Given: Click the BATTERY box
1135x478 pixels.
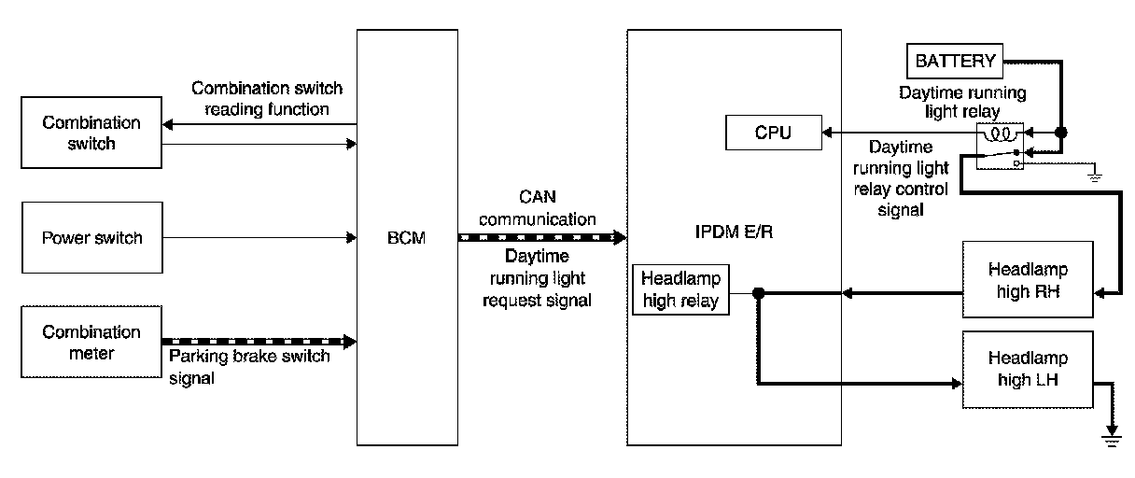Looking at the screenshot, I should click(x=956, y=62).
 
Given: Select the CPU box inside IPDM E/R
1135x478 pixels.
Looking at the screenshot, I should click(x=773, y=133).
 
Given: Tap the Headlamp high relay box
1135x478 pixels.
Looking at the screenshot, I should click(x=680, y=289).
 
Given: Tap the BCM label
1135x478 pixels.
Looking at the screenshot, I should click(x=408, y=238).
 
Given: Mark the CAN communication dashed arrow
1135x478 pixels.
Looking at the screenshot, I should click(x=541, y=238).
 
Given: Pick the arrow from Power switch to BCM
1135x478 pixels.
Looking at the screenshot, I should click(x=261, y=237).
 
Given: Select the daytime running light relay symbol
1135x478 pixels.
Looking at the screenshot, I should click(x=1001, y=147).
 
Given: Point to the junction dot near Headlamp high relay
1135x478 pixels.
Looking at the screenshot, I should click(x=759, y=294).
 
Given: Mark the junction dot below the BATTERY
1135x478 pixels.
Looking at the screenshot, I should click(x=1060, y=134).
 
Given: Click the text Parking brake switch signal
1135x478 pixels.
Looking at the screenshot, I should click(x=248, y=367).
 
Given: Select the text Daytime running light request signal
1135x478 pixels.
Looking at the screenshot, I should click(x=540, y=278).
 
